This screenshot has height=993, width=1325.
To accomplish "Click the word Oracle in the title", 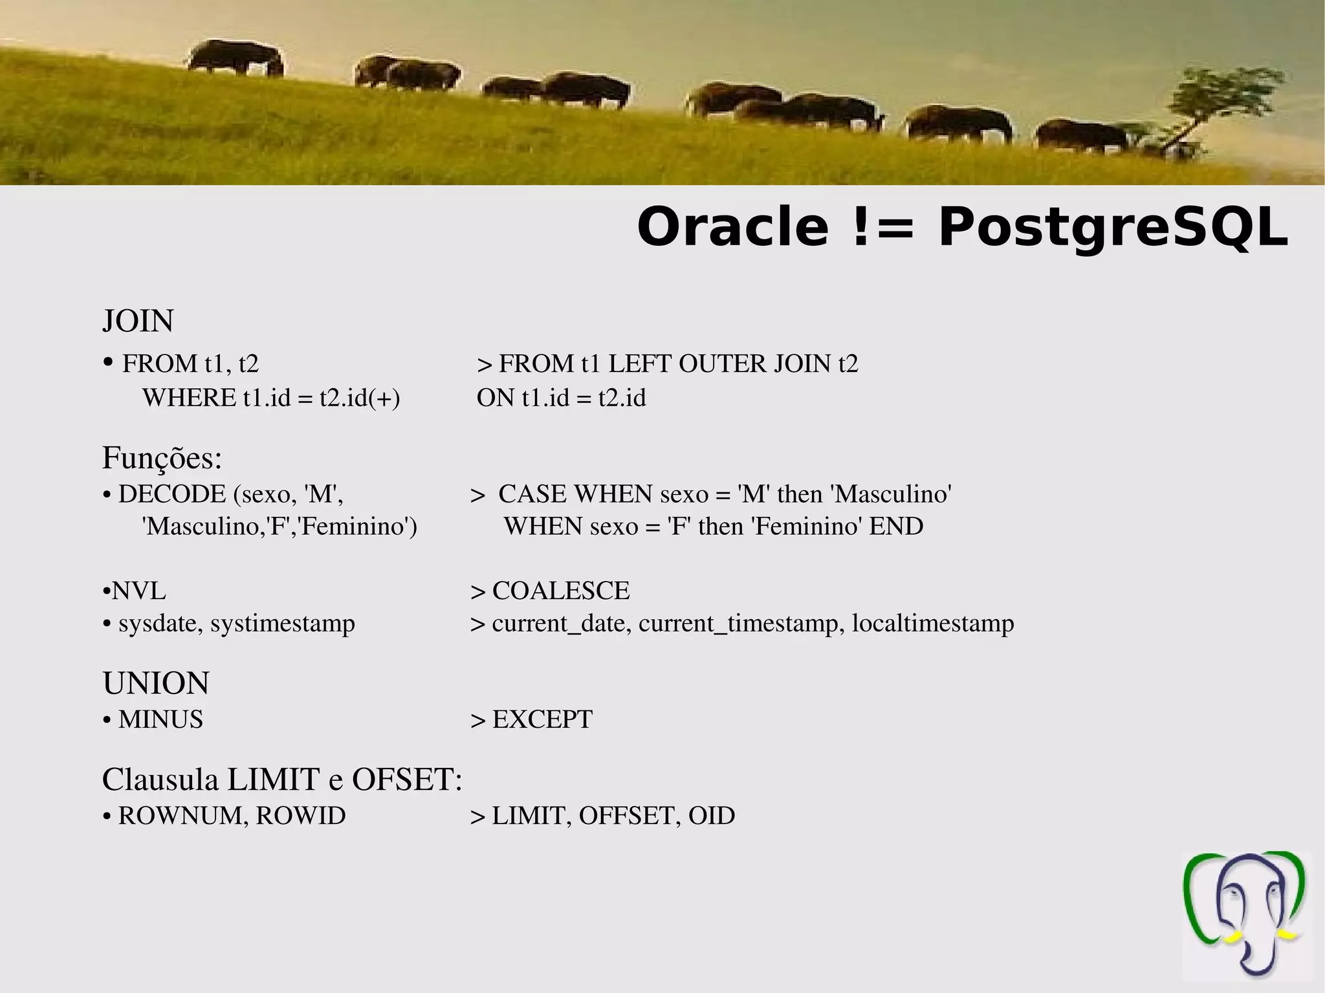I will (x=732, y=228).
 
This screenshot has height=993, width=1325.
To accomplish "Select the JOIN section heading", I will (x=138, y=322).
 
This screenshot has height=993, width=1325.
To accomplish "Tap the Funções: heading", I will (x=162, y=459).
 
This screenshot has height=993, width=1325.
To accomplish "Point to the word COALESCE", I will (x=560, y=591).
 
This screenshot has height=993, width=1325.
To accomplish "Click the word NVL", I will (x=138, y=591).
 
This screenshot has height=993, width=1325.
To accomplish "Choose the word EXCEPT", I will (x=542, y=719).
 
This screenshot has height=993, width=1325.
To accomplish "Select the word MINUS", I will (x=160, y=719).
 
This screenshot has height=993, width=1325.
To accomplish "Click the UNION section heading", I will (x=156, y=683).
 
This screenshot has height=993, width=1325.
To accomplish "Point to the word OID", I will (x=712, y=816).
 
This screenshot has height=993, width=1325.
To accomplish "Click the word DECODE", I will (x=171, y=494).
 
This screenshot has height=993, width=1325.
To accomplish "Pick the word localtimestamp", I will (x=933, y=624).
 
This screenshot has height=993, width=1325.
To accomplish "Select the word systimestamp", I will (x=283, y=624).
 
